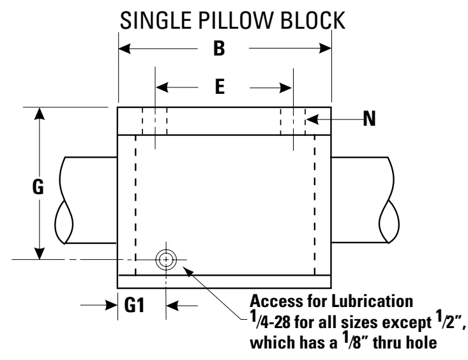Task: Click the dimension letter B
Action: click(x=219, y=49)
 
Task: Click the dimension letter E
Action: click(x=220, y=87)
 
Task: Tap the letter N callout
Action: click(x=369, y=119)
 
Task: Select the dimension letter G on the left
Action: click(x=38, y=187)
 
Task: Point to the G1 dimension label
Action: click(x=134, y=305)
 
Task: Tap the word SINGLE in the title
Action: click(x=156, y=20)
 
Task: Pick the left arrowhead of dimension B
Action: click(x=125, y=49)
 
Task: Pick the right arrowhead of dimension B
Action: click(x=326, y=48)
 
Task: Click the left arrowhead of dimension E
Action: click(x=162, y=87)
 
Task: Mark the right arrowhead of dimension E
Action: click(x=285, y=87)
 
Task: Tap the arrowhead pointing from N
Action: click(x=312, y=119)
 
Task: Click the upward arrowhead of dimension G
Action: click(x=40, y=114)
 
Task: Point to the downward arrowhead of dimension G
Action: click(x=40, y=253)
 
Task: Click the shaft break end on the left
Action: click(x=64, y=200)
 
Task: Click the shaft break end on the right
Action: click(x=389, y=200)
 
